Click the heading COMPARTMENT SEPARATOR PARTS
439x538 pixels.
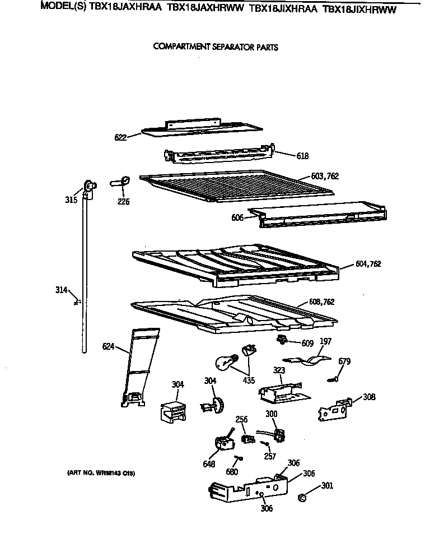pos(216,47)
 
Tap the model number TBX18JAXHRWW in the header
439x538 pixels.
pos(206,9)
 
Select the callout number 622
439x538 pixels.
pos(120,136)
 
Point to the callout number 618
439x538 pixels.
pos(302,156)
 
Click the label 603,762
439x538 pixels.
pos(325,176)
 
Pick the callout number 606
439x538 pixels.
pos(237,217)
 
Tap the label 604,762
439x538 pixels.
pos(368,263)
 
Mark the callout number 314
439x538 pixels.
pos(61,290)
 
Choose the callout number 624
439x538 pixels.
pos(109,346)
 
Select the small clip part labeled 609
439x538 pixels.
pos(283,340)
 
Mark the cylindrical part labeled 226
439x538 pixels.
pos(122,181)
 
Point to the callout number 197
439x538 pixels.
pos(325,341)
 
